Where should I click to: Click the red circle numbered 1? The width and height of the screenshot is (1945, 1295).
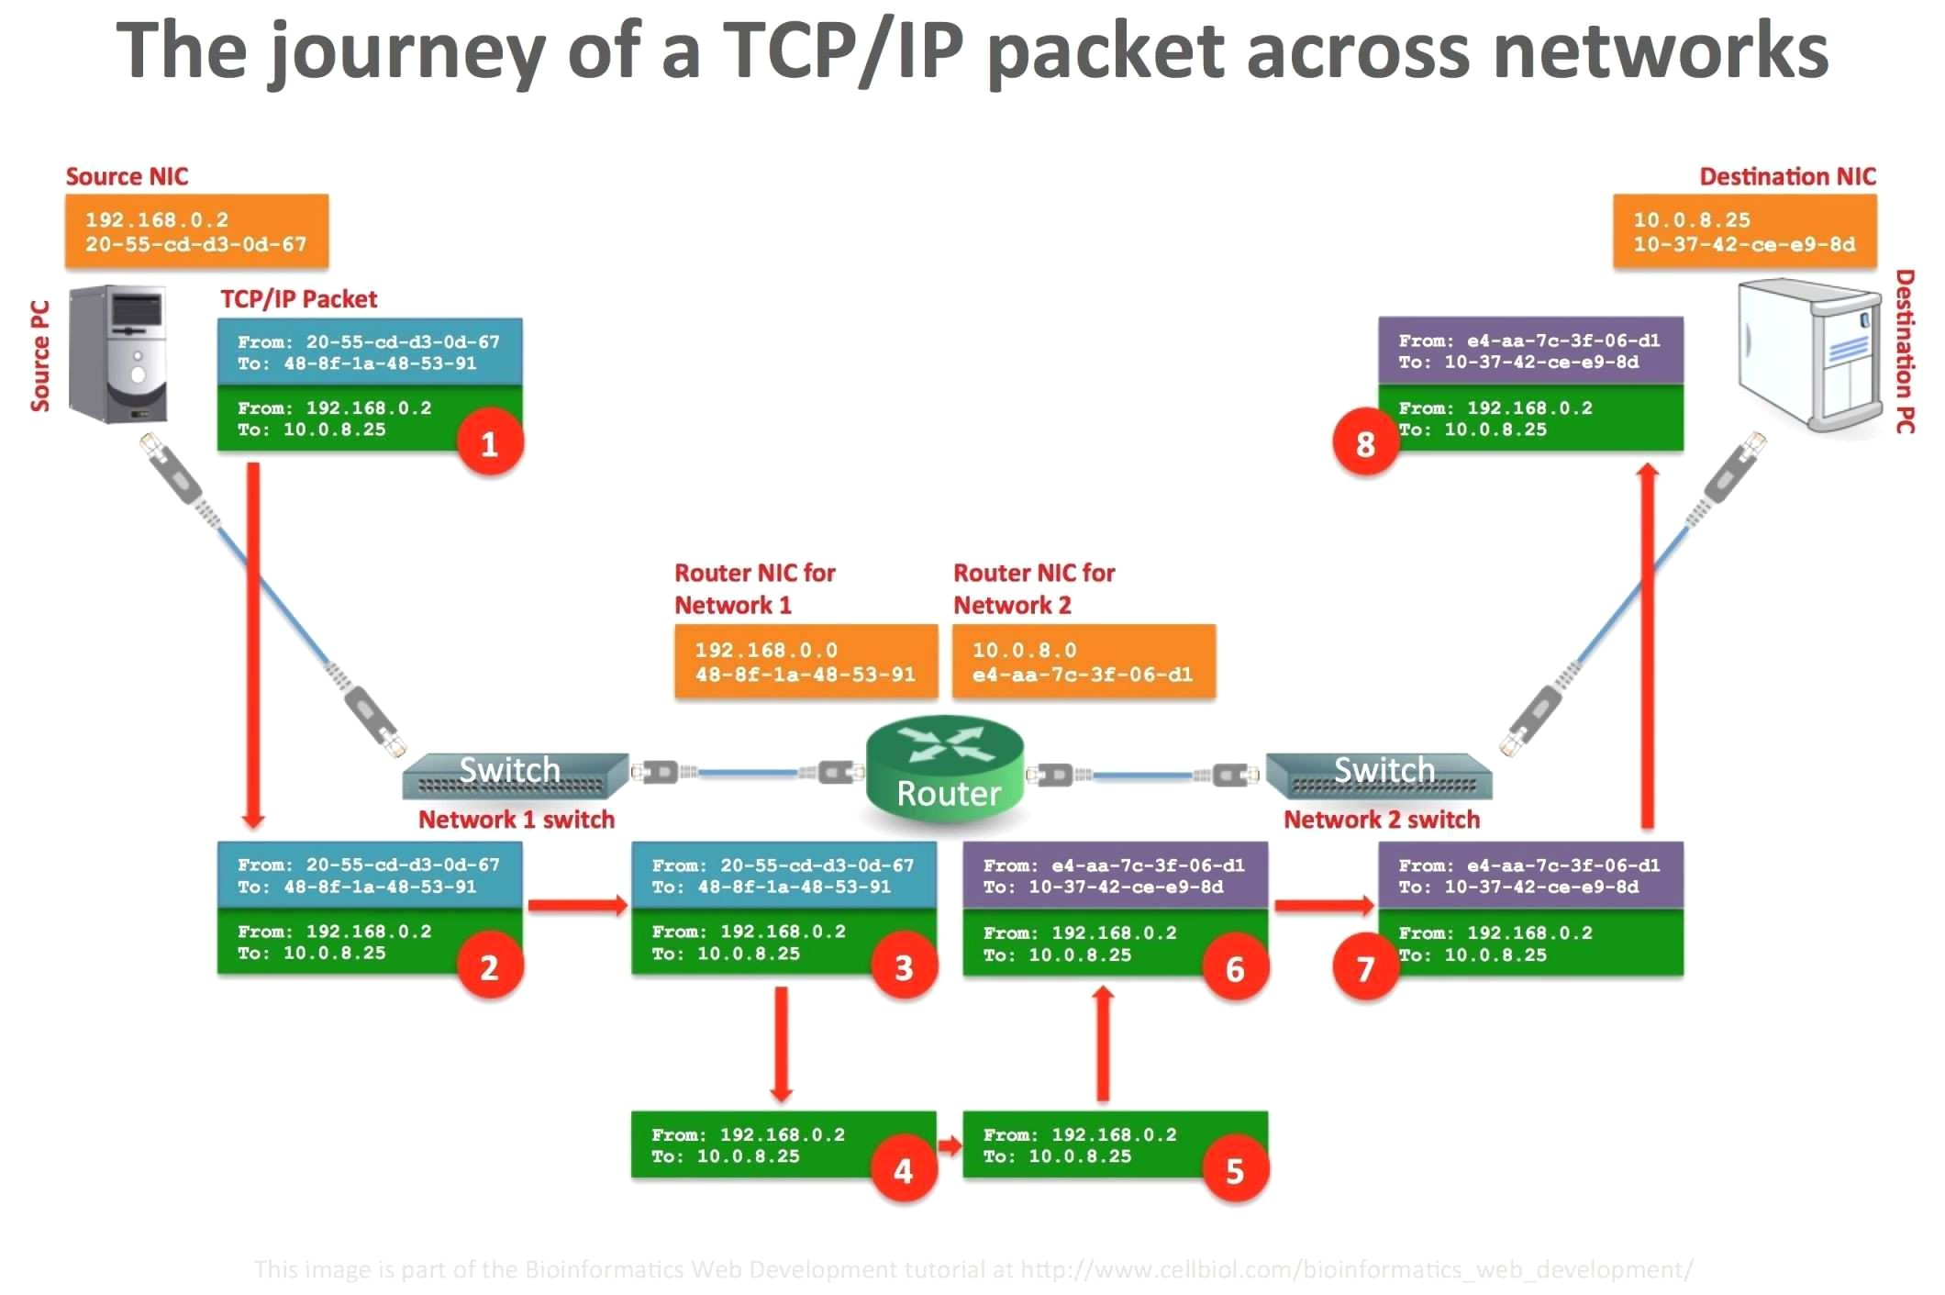point(489,443)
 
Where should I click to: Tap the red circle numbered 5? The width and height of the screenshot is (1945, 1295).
point(1235,1170)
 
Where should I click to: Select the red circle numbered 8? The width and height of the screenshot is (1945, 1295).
point(1365,443)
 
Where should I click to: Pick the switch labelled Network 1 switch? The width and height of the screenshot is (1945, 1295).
point(514,776)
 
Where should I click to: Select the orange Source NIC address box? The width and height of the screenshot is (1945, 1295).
point(196,231)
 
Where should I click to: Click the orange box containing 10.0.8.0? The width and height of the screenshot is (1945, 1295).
point(1084,662)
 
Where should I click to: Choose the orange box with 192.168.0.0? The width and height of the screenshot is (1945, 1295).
point(806,662)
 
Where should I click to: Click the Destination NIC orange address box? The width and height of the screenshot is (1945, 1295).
point(1744,231)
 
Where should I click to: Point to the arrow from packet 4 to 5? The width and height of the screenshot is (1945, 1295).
point(950,1144)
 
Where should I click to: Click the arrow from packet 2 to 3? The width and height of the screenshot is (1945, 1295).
point(577,906)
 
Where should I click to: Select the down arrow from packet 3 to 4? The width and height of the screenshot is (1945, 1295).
point(781,1044)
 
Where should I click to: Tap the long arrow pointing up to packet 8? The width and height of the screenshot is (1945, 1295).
point(1648,642)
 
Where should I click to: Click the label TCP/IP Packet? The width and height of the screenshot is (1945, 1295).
point(298,299)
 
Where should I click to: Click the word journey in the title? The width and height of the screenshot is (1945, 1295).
point(409,53)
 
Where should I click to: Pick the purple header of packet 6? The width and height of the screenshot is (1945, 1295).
point(1115,876)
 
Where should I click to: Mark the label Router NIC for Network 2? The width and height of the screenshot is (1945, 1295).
point(1033,588)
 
